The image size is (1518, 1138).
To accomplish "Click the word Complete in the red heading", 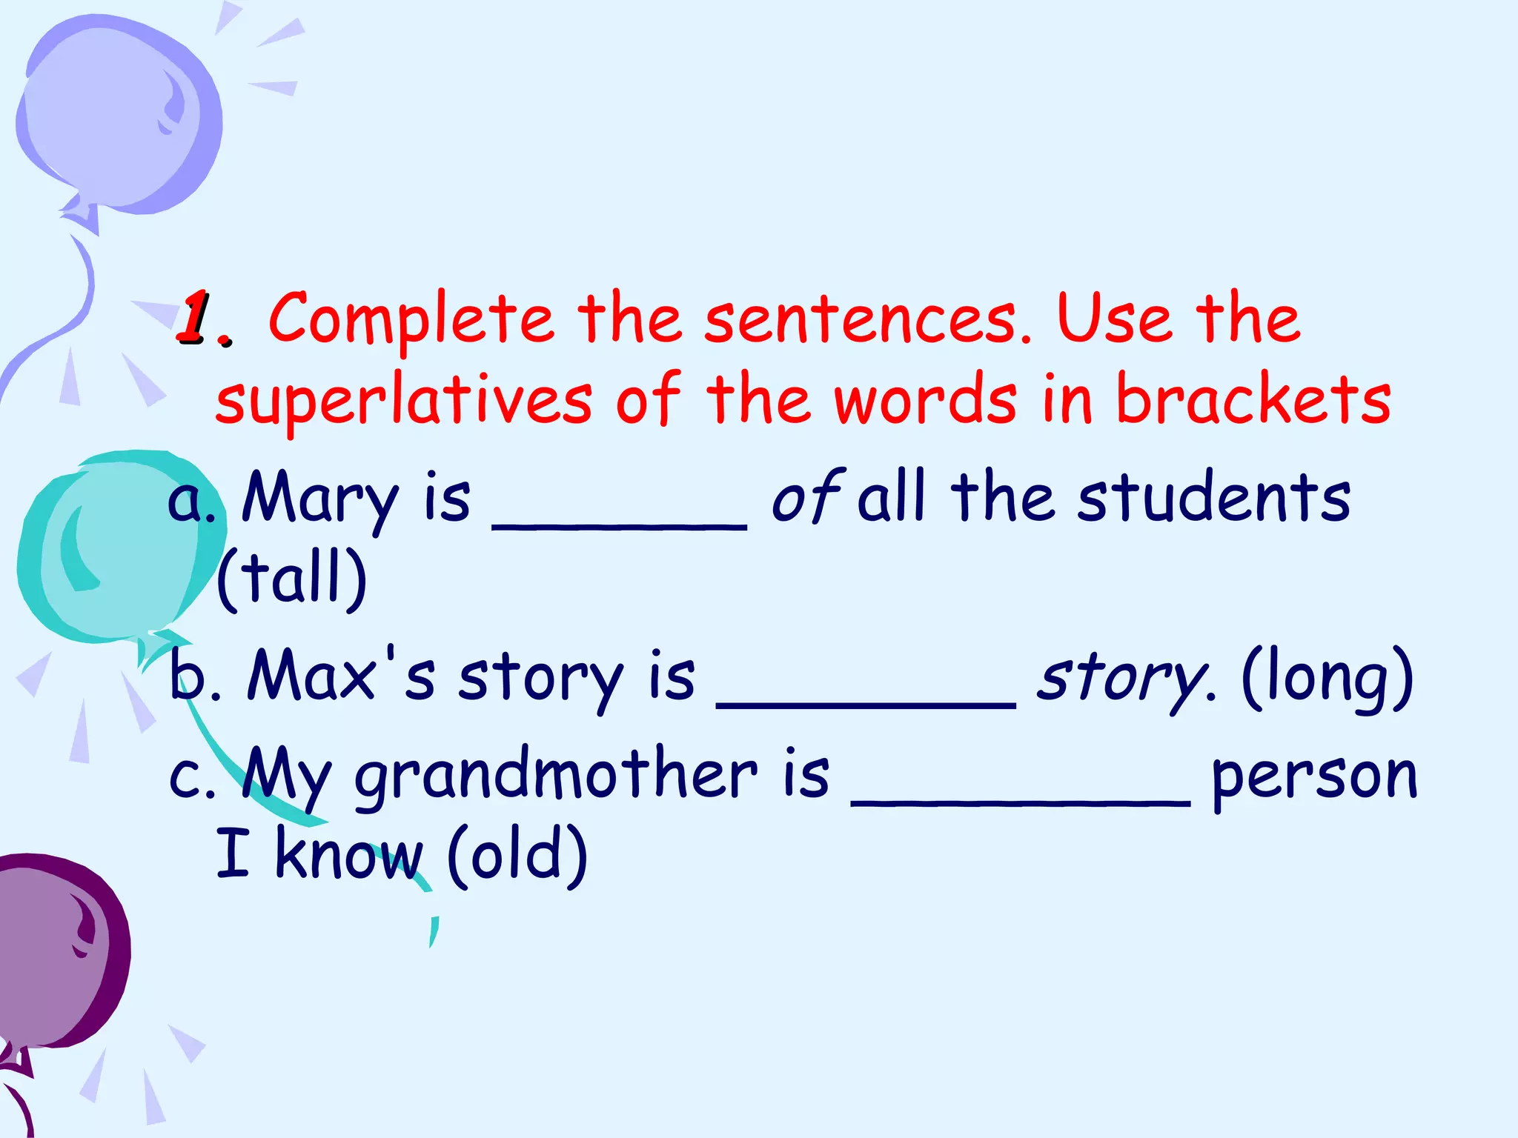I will coord(411,320).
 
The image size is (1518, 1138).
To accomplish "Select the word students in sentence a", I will coord(1214,498).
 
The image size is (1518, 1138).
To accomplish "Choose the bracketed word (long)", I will coord(1327,678).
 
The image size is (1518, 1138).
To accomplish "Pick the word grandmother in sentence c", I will coord(556,776).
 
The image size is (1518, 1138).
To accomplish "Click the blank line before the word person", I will coord(1021,800).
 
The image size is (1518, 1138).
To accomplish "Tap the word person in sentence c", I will coord(1314,778).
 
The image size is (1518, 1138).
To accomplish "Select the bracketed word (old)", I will coord(517,856).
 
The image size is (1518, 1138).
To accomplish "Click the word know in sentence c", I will coord(348,856).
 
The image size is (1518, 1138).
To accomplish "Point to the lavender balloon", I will coord(119,115).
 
